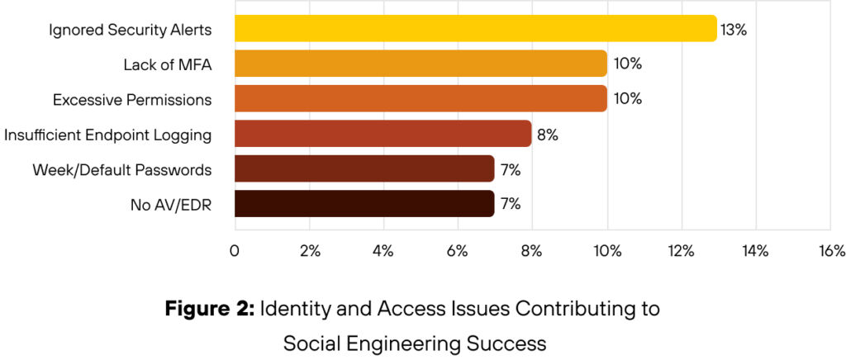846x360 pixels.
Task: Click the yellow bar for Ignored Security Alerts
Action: (x=475, y=29)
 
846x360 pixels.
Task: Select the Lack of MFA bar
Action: (x=421, y=64)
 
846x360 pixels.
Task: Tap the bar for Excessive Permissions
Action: (x=421, y=98)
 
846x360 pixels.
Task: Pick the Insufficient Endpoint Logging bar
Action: (x=383, y=134)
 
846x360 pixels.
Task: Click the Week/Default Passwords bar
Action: (x=364, y=168)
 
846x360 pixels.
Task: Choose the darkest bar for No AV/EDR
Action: (x=364, y=203)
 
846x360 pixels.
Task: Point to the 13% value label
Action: (x=734, y=30)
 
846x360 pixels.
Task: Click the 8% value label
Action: (x=548, y=134)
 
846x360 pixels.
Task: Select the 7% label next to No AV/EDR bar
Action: (x=510, y=204)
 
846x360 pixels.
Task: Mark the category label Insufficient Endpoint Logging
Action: (x=108, y=134)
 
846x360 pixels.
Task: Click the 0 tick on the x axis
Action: (x=235, y=251)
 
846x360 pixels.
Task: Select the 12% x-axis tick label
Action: (x=681, y=251)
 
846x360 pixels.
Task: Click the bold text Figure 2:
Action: (x=210, y=310)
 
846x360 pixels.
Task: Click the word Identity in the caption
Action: (x=292, y=310)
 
